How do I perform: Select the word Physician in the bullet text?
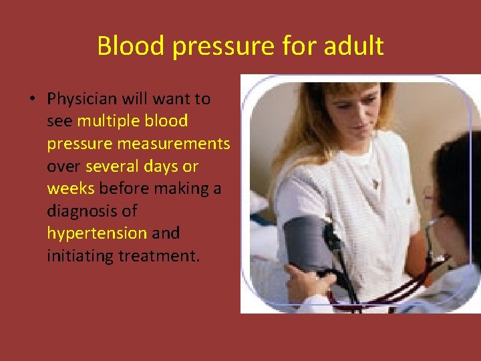pyautogui.click(x=83, y=99)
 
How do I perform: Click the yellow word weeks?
pyautogui.click(x=71, y=189)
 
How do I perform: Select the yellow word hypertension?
pyautogui.click(x=96, y=233)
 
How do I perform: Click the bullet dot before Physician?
pyautogui.click(x=31, y=100)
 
